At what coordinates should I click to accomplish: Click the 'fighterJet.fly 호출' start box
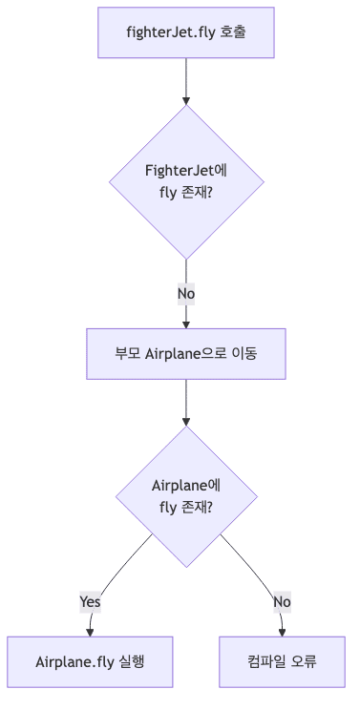(x=186, y=32)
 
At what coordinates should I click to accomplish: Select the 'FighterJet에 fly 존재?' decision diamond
(x=186, y=181)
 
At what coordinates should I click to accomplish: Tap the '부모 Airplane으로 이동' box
(x=186, y=354)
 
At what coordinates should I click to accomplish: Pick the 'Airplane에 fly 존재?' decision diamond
(x=186, y=497)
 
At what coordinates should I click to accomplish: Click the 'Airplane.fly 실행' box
(x=90, y=661)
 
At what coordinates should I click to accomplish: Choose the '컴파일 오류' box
(x=282, y=661)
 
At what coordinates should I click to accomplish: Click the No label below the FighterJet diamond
(x=186, y=294)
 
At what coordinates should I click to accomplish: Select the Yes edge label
(x=90, y=602)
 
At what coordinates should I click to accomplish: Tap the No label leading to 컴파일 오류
(x=282, y=602)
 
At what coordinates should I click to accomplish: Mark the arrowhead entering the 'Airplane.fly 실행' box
(x=90, y=632)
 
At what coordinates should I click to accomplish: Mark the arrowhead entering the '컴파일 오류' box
(x=282, y=632)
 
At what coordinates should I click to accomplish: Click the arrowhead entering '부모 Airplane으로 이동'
(x=186, y=324)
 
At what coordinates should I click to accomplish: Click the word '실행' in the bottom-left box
(x=132, y=661)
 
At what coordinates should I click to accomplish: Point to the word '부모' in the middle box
(x=127, y=354)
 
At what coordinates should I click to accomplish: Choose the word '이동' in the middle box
(x=244, y=354)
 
